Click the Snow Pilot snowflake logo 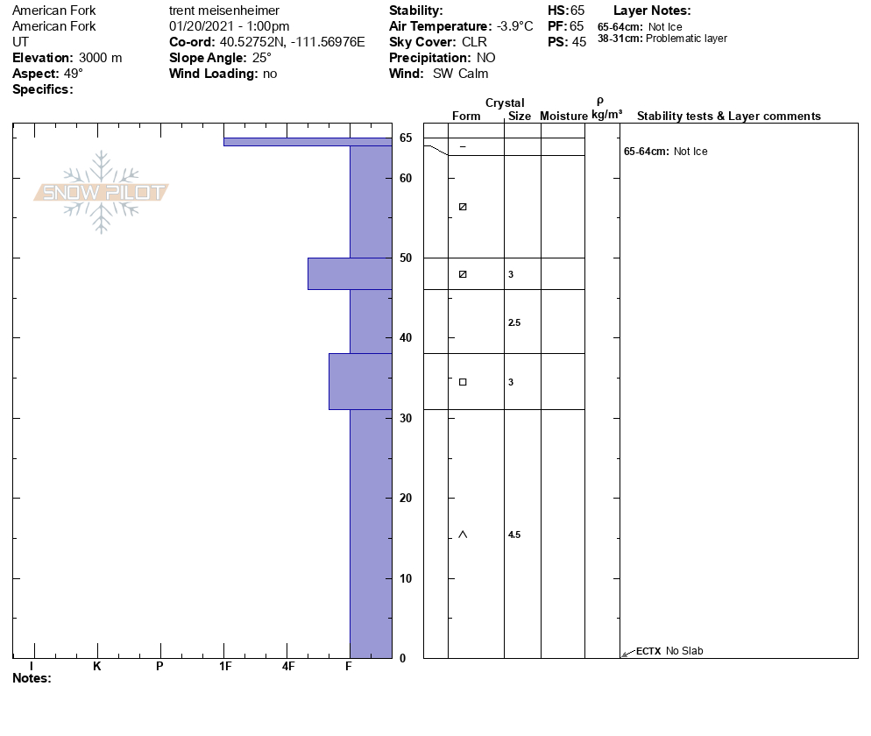tap(102, 192)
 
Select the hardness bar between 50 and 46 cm tap(349, 273)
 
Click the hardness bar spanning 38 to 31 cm tap(359, 381)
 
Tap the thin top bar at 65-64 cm tap(307, 141)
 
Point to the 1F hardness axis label tap(225, 667)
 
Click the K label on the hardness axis tap(97, 667)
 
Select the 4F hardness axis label tap(287, 667)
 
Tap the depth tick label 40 tap(406, 338)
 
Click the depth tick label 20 tap(406, 499)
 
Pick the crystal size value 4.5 tap(514, 534)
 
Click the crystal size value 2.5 tap(514, 323)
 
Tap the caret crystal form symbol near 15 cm tap(463, 534)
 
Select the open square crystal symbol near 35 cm tap(463, 382)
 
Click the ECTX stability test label tap(648, 651)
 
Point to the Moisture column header tap(563, 117)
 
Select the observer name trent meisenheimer tap(223, 11)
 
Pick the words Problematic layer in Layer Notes tap(686, 39)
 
